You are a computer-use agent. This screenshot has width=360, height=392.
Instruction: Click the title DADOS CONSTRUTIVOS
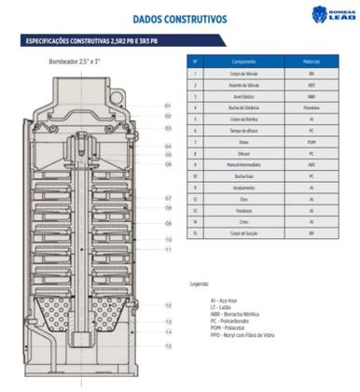pos(179,16)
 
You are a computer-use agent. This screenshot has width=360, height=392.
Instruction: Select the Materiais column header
pos(312,61)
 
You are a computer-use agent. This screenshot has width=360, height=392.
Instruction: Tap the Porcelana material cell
pos(312,107)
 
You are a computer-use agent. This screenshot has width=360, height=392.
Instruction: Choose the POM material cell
pos(312,141)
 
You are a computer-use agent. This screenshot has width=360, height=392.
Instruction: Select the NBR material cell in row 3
pos(312,95)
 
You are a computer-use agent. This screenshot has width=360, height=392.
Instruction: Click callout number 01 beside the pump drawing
pos(168,105)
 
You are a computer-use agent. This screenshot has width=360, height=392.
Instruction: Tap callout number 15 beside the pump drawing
pos(168,345)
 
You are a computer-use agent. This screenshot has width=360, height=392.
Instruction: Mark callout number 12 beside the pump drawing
pos(168,305)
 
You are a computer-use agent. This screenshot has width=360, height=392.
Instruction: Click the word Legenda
pos(200,282)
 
